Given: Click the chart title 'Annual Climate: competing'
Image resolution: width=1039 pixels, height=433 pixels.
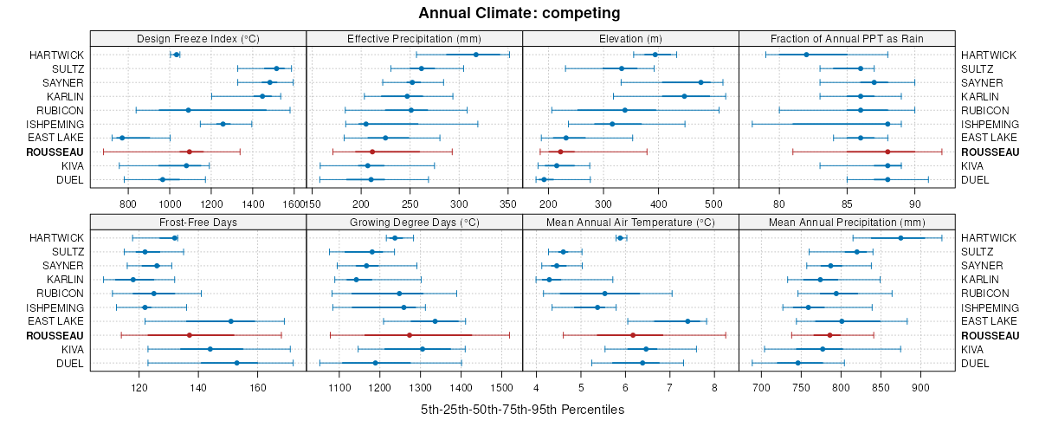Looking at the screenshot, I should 519,13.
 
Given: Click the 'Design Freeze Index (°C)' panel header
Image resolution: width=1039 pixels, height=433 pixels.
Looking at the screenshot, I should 198,38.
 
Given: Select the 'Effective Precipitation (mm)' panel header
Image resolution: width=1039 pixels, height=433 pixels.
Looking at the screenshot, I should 414,38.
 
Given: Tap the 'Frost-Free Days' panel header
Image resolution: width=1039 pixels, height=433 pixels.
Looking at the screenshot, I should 198,222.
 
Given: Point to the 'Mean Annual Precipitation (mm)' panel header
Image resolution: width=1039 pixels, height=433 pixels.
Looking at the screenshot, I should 847,222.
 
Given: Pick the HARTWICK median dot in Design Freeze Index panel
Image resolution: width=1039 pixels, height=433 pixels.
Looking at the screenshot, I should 177,55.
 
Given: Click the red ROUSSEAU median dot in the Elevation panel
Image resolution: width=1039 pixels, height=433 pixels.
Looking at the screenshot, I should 560,152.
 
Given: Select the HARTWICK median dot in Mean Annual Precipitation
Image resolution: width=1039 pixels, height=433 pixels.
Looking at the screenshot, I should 900,237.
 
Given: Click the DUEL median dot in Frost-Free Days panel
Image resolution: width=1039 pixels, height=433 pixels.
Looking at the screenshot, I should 236,363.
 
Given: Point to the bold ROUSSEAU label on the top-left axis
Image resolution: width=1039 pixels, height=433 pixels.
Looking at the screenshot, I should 55,152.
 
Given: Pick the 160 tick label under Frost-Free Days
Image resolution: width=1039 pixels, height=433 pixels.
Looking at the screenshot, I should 257,387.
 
